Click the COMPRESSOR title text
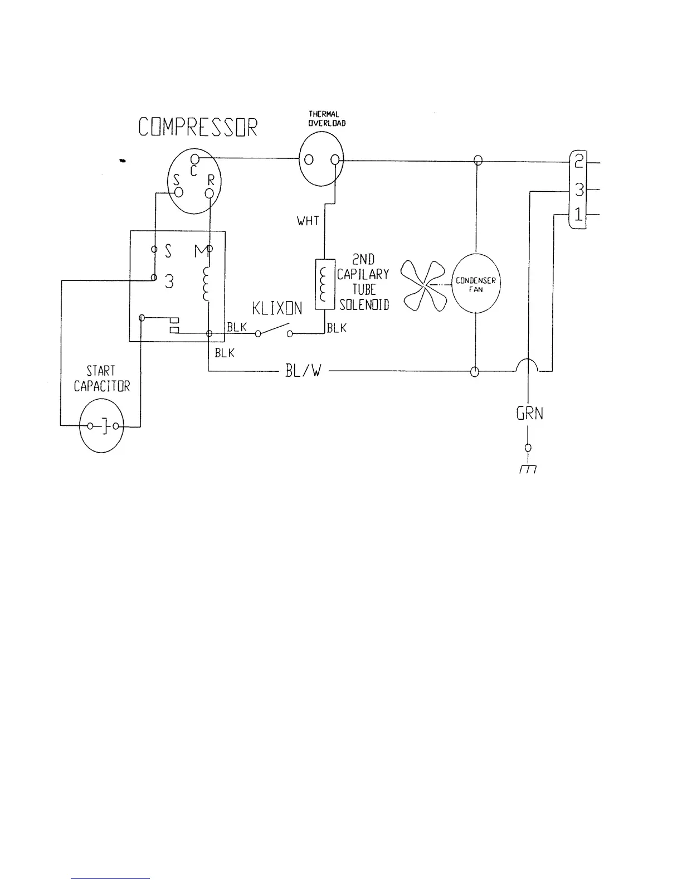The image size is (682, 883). (198, 127)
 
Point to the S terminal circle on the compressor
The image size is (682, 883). (179, 192)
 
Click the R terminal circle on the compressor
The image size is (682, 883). (209, 193)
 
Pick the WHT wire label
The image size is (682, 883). (308, 221)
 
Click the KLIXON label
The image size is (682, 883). (277, 308)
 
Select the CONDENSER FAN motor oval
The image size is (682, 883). (475, 283)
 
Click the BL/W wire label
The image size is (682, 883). (303, 371)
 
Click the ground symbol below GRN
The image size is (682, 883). (528, 469)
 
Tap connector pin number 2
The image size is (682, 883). (579, 162)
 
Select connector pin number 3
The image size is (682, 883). (579, 190)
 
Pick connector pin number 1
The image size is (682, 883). (579, 215)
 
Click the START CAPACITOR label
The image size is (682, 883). (101, 379)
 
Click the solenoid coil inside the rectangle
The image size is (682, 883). (324, 284)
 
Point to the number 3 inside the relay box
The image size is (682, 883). (169, 282)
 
